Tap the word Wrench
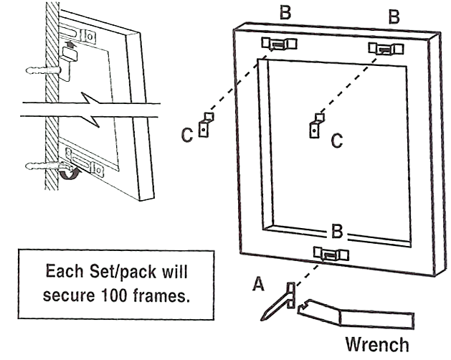[x=377, y=344]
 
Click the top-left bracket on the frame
[x=279, y=44]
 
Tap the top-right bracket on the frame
[x=385, y=49]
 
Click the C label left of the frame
[x=186, y=135]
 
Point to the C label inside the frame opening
[x=336, y=141]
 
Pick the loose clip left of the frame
[x=206, y=124]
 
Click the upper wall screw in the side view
[x=43, y=71]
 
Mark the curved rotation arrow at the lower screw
[x=70, y=174]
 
